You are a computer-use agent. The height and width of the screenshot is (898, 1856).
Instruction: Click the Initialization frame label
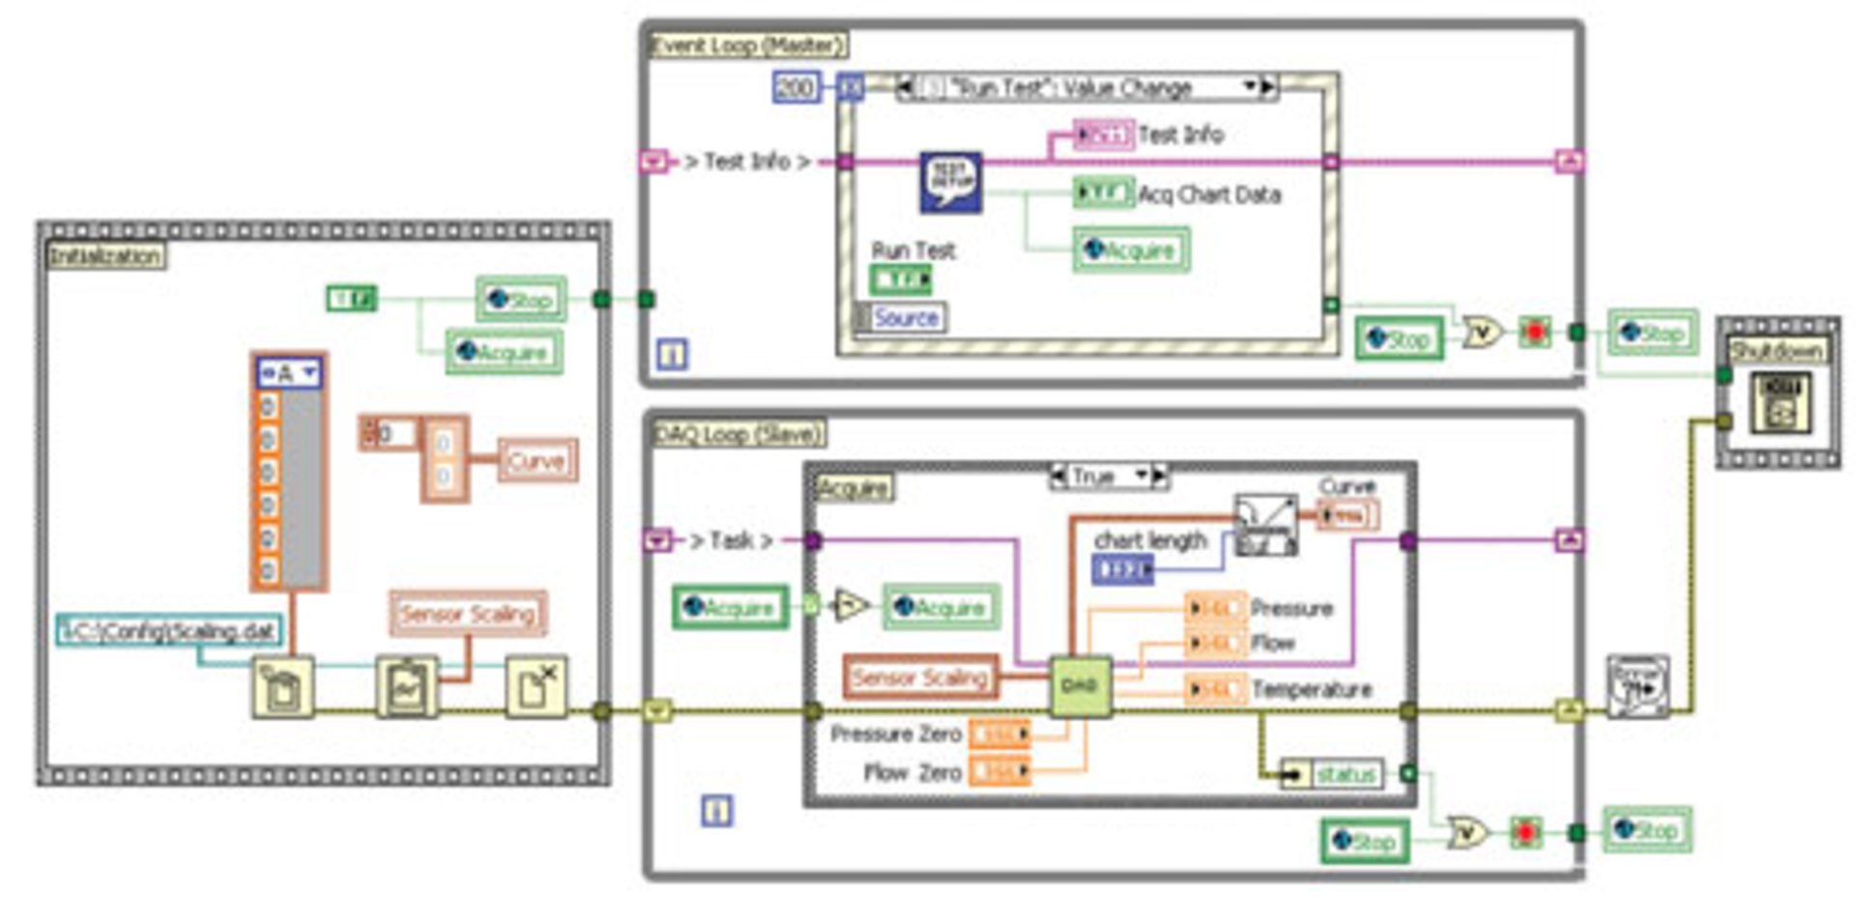pos(105,256)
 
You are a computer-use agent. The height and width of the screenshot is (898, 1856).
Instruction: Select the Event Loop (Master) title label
pos(747,45)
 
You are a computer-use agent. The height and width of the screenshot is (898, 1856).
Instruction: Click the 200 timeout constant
pos(796,88)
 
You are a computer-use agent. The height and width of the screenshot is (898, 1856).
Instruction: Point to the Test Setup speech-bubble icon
pos(950,182)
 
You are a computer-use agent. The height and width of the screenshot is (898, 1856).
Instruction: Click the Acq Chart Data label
pos(1209,195)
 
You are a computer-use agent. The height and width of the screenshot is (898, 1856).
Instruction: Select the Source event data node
pos(904,318)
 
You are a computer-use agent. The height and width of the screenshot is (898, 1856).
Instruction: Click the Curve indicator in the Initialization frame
pos(537,461)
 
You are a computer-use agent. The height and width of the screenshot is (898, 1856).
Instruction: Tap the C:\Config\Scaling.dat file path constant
pos(170,631)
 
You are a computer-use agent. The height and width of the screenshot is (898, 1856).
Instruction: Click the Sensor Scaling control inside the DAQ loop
pos(920,678)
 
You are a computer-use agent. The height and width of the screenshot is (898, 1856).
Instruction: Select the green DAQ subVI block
pos(1080,686)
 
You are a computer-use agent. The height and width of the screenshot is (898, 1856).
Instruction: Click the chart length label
pos(1150,540)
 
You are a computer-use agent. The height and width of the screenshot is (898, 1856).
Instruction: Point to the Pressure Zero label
pos(896,735)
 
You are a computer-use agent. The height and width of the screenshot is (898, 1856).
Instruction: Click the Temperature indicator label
pos(1312,690)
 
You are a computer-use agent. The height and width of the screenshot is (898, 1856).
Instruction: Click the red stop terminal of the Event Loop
pos(1534,333)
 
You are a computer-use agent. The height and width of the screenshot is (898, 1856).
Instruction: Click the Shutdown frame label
pos(1777,350)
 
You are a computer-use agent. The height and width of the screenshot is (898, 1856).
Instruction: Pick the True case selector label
pos(1094,477)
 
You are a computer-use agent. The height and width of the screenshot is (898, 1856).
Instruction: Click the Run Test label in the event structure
pos(913,251)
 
